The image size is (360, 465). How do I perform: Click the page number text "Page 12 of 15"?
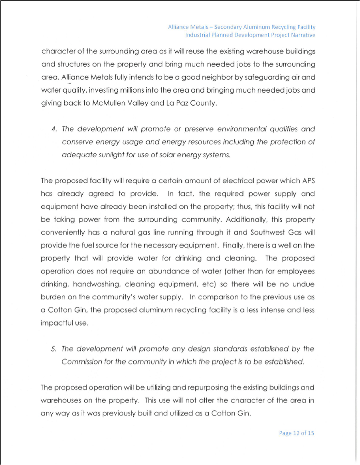coord(297,433)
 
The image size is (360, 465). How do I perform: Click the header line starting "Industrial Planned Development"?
coord(250,35)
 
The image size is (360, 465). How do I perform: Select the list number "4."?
coord(54,129)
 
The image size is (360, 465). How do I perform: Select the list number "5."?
coord(54,349)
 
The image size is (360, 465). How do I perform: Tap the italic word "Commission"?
coord(81,362)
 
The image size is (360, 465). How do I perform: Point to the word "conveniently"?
coord(63,232)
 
